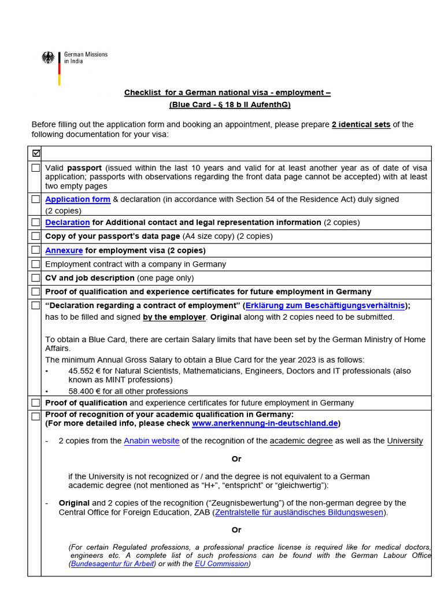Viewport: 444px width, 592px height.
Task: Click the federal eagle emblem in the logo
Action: [48, 58]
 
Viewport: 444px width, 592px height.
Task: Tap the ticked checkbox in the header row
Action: [36, 153]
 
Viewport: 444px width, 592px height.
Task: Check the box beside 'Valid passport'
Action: [36, 168]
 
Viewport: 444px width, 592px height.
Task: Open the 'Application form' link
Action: [77, 199]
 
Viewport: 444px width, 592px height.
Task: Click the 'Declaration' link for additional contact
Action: [68, 223]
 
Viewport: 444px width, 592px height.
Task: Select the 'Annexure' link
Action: [64, 250]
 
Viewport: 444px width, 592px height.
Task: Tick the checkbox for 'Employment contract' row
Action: [36, 264]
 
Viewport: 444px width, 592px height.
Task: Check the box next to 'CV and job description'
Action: [36, 278]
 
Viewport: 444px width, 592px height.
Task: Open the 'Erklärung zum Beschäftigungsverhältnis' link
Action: [325, 306]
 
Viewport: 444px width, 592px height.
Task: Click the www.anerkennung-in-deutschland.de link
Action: [265, 424]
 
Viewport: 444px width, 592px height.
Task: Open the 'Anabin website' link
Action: [151, 441]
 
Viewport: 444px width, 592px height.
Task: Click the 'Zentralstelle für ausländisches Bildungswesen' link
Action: [299, 513]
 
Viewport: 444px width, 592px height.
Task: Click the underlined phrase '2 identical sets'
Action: [361, 125]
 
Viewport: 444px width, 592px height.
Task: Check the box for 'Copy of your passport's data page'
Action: [36, 236]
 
